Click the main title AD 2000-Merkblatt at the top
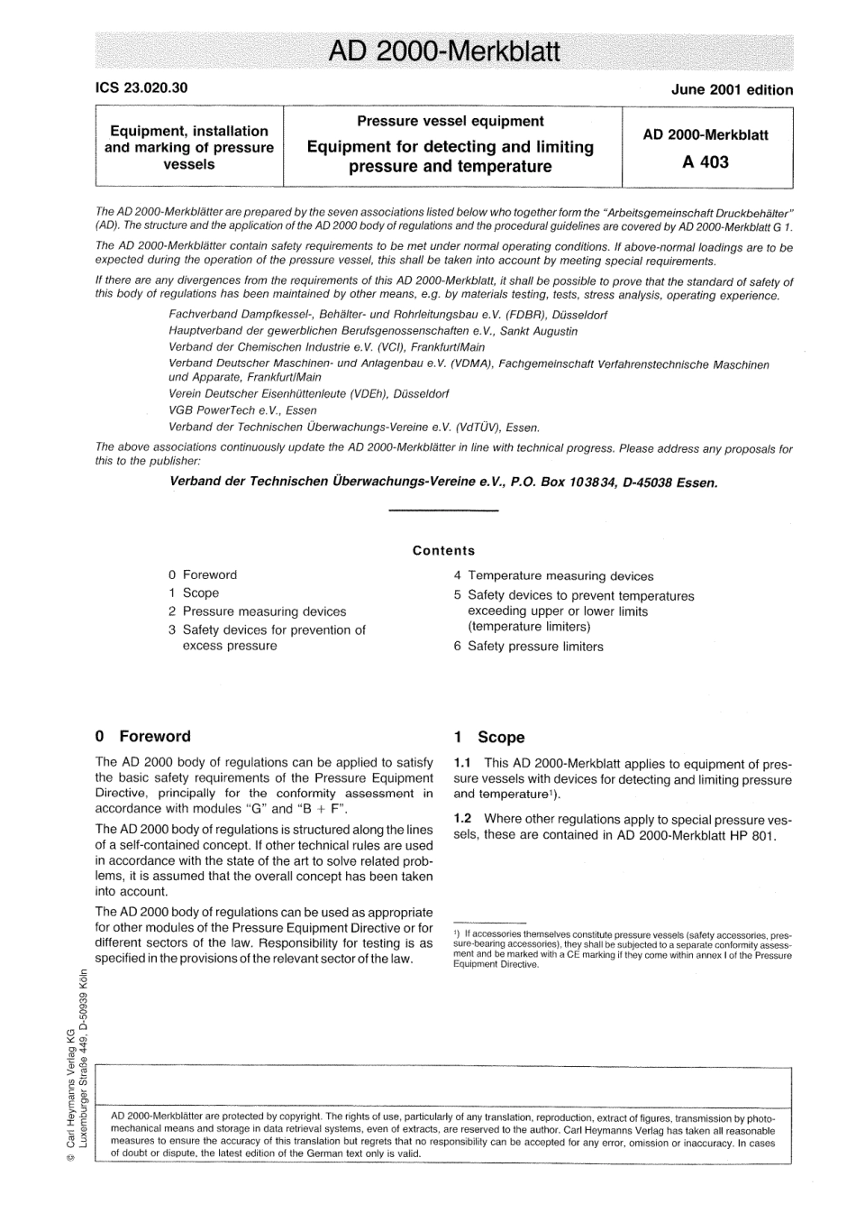click(444, 51)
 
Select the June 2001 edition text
click(732, 89)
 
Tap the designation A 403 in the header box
click(706, 162)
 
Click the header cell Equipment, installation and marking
click(189, 147)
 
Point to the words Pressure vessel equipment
click(451, 121)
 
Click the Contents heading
click(443, 550)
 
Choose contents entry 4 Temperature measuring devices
click(553, 575)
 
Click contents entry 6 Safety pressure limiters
click(529, 646)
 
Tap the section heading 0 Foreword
click(142, 736)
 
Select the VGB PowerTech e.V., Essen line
click(243, 409)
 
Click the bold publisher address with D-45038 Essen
click(443, 482)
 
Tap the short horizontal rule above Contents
click(442, 511)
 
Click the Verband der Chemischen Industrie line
click(326, 346)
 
